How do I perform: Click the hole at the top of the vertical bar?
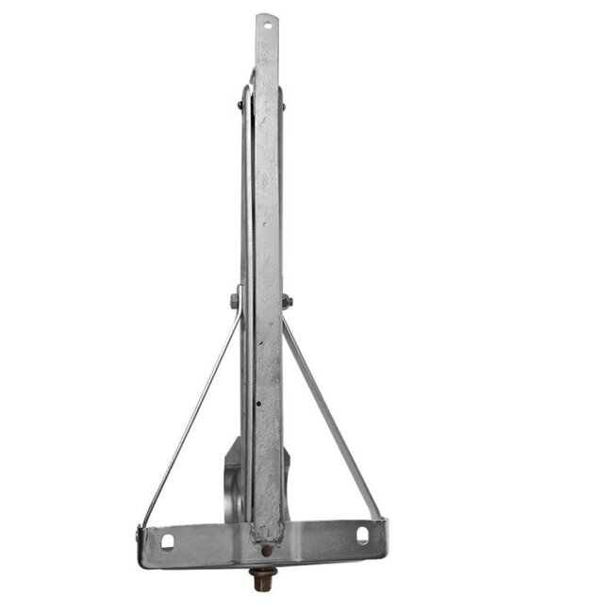click(x=268, y=27)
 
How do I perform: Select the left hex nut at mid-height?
click(x=234, y=302)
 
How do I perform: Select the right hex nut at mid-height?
click(x=287, y=302)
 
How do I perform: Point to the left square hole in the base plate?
click(x=168, y=540)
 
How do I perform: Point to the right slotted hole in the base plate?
click(x=362, y=536)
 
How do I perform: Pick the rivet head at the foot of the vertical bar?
click(x=267, y=548)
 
